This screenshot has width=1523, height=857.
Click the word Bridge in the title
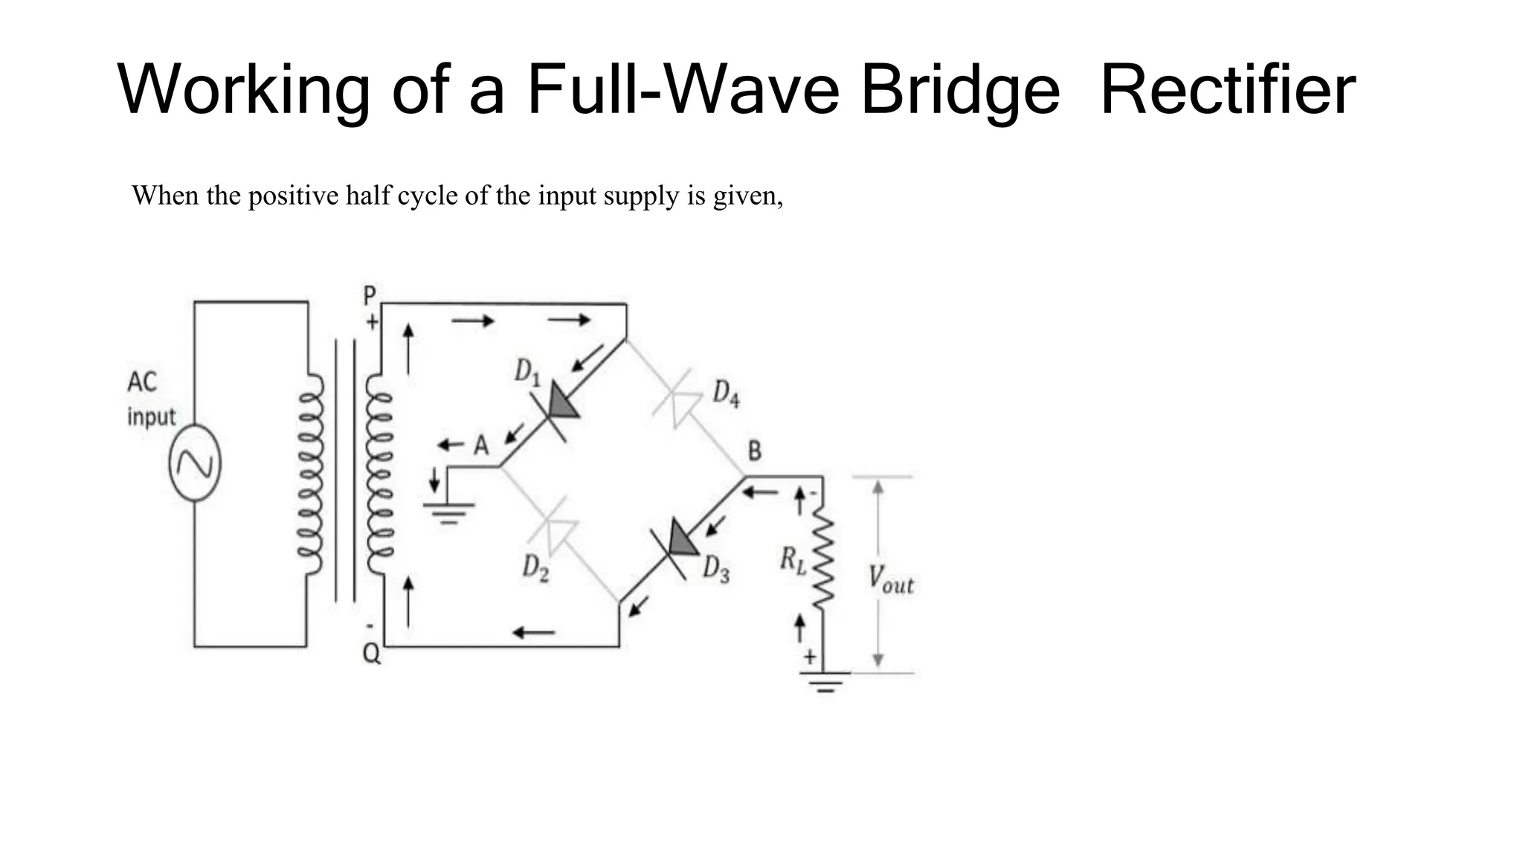[959, 91]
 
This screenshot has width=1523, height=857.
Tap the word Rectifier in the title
[1227, 91]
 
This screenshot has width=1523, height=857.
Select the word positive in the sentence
[294, 196]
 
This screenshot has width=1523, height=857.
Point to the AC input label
[150, 399]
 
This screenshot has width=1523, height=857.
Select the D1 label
[527, 371]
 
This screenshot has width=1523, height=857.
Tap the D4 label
[726, 394]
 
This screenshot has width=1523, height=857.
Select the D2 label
[535, 569]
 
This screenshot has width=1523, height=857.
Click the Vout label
[890, 580]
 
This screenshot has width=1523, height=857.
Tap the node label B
[754, 451]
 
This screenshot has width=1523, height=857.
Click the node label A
[481, 446]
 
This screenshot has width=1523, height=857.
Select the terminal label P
[370, 296]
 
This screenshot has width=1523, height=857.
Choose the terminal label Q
[370, 654]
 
